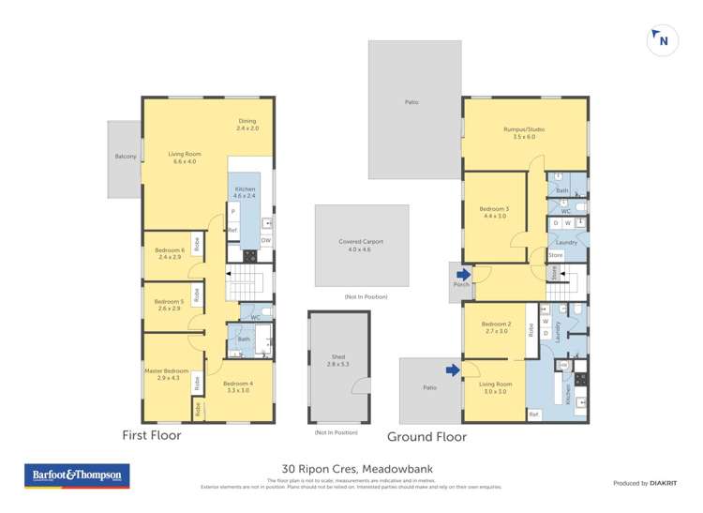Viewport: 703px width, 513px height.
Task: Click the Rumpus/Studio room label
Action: pyautogui.click(x=524, y=128)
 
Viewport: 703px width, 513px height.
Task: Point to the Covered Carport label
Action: pyautogui.click(x=361, y=242)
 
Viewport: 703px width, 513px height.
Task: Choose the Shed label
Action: pyautogui.click(x=338, y=356)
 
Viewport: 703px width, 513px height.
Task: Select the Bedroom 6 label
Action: pyautogui.click(x=169, y=249)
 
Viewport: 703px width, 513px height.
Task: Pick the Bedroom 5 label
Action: pyautogui.click(x=169, y=301)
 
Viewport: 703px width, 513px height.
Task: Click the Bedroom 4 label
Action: pyautogui.click(x=238, y=384)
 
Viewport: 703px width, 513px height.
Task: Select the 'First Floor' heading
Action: pyautogui.click(x=152, y=435)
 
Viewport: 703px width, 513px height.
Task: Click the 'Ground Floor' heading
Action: pyautogui.click(x=426, y=436)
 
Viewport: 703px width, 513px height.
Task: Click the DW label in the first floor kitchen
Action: pyautogui.click(x=265, y=241)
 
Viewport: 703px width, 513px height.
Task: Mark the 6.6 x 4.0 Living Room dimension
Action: pyautogui.click(x=184, y=161)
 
